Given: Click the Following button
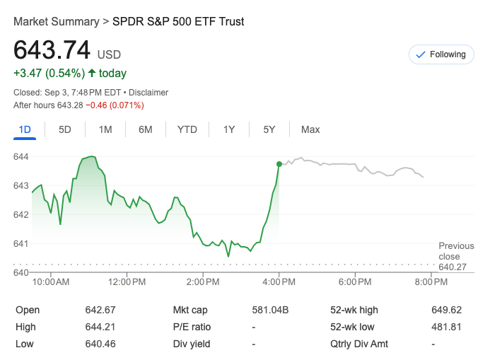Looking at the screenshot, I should tap(441, 54).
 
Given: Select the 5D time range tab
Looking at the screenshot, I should tap(65, 129).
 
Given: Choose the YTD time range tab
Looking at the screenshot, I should tap(187, 129).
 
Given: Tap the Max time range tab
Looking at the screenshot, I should tap(310, 129).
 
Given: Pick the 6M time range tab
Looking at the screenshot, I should tap(146, 129).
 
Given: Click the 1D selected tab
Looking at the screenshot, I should tap(25, 129).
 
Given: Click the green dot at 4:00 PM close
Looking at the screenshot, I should tap(279, 164).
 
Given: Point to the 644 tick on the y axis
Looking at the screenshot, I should tap(21, 156).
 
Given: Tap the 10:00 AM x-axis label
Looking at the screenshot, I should tap(52, 282).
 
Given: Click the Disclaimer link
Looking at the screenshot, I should tap(148, 92).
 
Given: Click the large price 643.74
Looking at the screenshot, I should tap(52, 50).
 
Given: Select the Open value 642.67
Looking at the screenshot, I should tap(100, 310).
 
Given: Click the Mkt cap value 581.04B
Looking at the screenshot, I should tap(271, 310).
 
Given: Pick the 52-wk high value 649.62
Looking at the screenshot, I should tap(446, 310).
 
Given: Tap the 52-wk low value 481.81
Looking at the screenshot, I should tap(446, 327).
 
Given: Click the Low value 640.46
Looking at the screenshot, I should tap(100, 344).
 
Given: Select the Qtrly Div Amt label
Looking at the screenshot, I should tap(359, 344).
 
